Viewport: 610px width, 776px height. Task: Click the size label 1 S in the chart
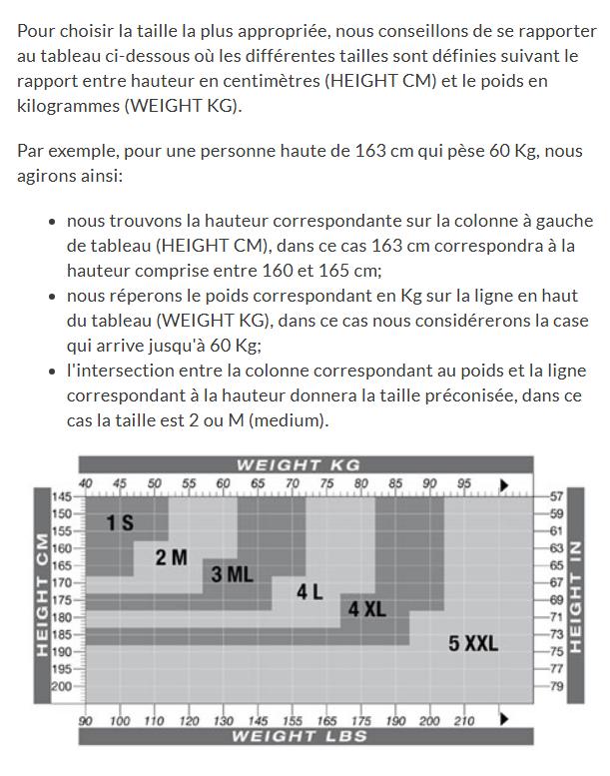(x=120, y=522)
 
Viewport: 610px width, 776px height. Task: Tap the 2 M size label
(x=171, y=558)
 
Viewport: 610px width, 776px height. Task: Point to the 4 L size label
(x=309, y=591)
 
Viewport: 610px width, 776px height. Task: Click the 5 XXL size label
(x=472, y=643)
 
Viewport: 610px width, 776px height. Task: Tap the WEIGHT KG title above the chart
(x=298, y=465)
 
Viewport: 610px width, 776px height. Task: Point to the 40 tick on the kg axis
(x=85, y=483)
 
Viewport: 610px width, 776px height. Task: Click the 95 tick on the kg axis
(x=463, y=483)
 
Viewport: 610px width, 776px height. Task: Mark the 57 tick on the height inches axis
(x=557, y=496)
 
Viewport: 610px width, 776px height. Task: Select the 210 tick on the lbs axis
(x=464, y=720)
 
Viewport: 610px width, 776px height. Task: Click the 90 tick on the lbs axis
(x=86, y=720)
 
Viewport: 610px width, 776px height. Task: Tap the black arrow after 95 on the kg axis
(x=504, y=484)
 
